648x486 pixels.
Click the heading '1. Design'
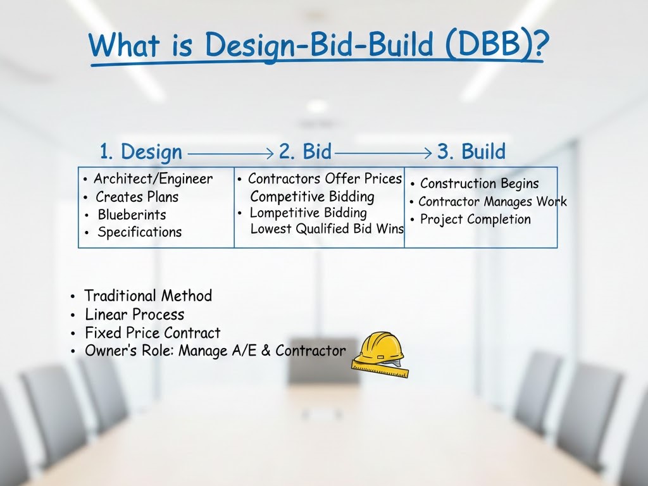[x=140, y=152]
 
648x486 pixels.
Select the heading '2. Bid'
[x=305, y=152]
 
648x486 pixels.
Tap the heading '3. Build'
[x=471, y=152]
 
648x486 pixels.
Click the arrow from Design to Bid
[x=230, y=153]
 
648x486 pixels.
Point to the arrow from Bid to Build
[x=384, y=153]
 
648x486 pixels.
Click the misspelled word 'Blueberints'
[x=132, y=215]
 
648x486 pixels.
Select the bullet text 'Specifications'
[x=139, y=232]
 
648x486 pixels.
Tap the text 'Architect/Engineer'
[x=153, y=179]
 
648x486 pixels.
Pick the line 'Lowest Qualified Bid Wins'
[x=327, y=229]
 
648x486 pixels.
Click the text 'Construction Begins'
[x=479, y=184]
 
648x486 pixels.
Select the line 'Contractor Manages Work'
[x=492, y=202]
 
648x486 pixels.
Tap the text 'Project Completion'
[x=475, y=220]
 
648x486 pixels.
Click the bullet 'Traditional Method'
[x=148, y=296]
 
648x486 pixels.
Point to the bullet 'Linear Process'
[x=134, y=315]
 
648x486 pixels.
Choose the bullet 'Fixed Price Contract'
[x=153, y=333]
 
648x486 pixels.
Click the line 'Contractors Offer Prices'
[x=325, y=179]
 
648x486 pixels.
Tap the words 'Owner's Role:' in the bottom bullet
[x=129, y=351]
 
